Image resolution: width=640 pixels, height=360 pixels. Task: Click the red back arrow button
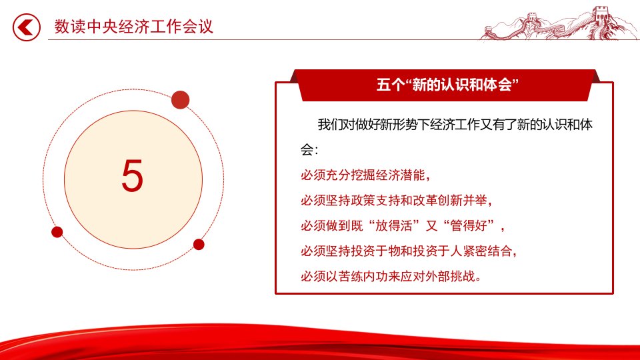[x=27, y=27]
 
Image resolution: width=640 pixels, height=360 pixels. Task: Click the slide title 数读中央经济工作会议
[x=134, y=27]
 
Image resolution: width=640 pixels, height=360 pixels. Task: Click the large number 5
[x=133, y=176]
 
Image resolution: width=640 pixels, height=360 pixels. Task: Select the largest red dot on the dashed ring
[x=181, y=100]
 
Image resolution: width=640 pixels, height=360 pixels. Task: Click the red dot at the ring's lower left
[x=57, y=232]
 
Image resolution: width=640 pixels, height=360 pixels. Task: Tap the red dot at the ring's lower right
[x=199, y=245]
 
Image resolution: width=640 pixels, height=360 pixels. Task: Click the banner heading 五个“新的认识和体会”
[x=447, y=85]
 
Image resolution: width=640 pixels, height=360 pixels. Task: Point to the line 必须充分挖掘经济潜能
[x=366, y=175]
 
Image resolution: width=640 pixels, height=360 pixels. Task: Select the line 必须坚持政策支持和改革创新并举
[x=397, y=201]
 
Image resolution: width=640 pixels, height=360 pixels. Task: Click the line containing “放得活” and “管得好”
[x=403, y=226]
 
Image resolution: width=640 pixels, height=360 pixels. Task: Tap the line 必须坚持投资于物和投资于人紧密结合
[x=409, y=251]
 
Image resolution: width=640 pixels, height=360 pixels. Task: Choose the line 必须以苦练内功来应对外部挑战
[x=391, y=276]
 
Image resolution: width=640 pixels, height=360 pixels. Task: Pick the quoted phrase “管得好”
[x=469, y=226]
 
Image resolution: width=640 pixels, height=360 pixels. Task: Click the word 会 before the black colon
[x=307, y=150]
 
